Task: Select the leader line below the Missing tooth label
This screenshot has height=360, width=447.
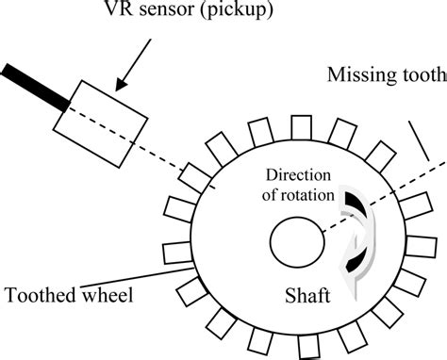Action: (420, 141)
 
